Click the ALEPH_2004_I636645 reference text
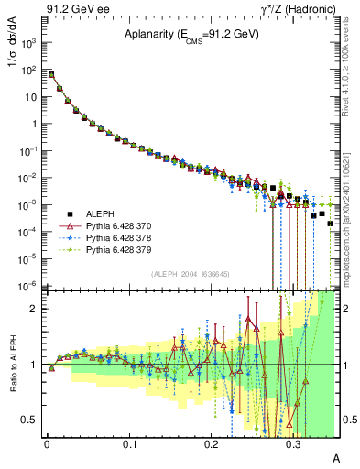pyautogui.click(x=182, y=273)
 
